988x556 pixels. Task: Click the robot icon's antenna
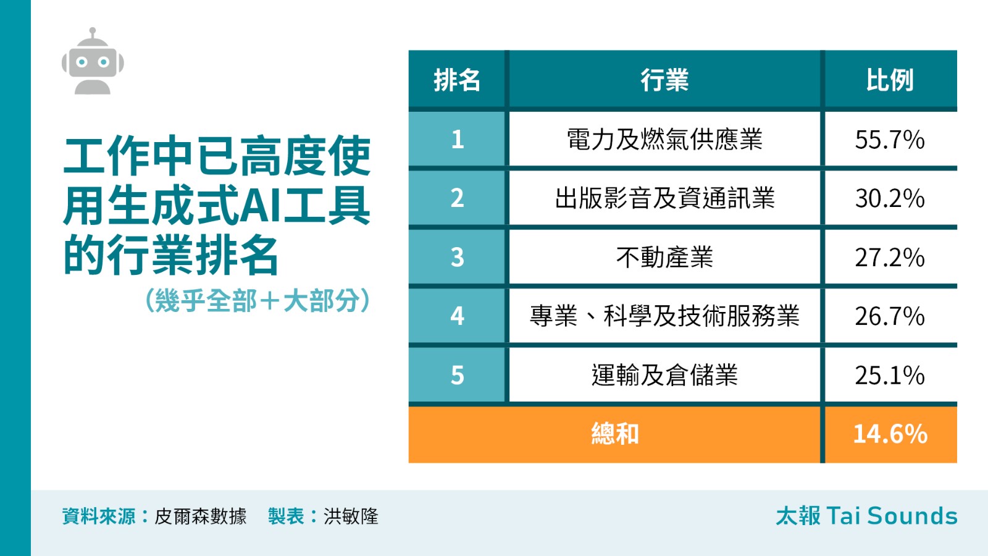coord(93,34)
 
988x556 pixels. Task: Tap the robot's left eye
coord(82,62)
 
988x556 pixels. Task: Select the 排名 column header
coord(457,80)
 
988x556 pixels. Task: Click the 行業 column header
coord(664,80)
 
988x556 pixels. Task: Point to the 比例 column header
coord(890,80)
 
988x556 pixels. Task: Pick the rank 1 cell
coord(457,139)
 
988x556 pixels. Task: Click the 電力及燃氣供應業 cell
coord(664,139)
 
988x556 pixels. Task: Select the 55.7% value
coord(890,140)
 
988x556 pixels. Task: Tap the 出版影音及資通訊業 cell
coord(664,198)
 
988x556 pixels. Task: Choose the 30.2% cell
coord(890,198)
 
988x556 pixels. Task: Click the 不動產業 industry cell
coord(664,257)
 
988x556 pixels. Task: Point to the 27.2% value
coord(890,258)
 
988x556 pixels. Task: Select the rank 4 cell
coord(457,316)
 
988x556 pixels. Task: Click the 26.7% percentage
coord(890,316)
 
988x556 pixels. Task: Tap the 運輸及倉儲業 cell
coord(664,375)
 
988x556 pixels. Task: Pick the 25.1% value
coord(890,376)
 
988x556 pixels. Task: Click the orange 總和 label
coord(615,434)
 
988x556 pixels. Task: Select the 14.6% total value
coord(890,434)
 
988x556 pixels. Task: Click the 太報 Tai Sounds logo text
coord(867,516)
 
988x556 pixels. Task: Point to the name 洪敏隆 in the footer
coord(351,516)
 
